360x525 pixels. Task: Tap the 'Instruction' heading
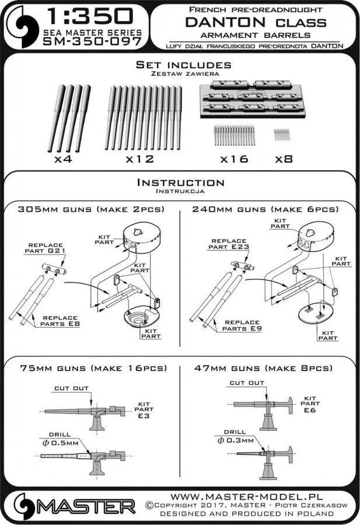tap(180, 183)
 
